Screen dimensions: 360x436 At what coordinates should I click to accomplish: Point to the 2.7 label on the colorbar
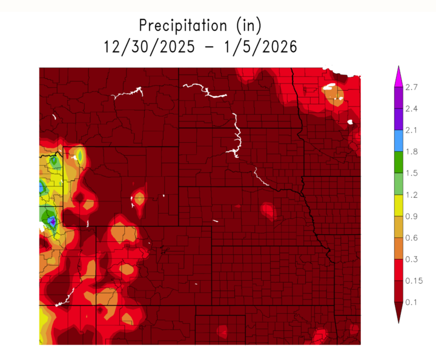(x=412, y=87)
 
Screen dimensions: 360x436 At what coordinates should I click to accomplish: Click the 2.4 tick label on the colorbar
(x=412, y=109)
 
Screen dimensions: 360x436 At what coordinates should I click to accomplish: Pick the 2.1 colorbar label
(x=412, y=130)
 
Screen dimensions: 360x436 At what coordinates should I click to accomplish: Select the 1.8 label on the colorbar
(x=412, y=151)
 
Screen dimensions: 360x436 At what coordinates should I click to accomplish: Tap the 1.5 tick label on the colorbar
(x=412, y=173)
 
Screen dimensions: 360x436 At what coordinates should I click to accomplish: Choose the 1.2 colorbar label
(x=412, y=194)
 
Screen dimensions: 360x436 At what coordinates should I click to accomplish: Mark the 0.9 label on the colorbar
(x=412, y=216)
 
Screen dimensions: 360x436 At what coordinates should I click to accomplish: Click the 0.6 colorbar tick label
(x=412, y=237)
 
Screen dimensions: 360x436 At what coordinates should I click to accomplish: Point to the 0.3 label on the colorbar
(x=412, y=259)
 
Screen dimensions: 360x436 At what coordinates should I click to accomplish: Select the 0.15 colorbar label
(x=414, y=280)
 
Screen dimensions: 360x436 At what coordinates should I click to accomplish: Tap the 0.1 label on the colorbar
(x=412, y=301)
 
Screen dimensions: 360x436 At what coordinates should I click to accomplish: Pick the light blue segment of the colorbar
(x=398, y=140)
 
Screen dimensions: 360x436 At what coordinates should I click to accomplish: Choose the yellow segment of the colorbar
(x=398, y=205)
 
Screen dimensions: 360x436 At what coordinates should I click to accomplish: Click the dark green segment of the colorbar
(x=398, y=162)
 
